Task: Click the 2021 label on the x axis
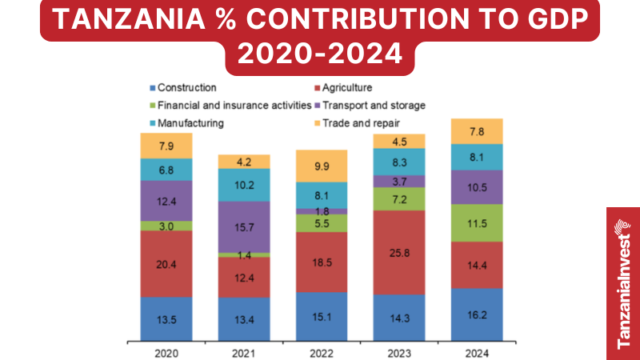[244, 352]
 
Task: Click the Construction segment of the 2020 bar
[166, 319]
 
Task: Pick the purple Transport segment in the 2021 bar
[244, 226]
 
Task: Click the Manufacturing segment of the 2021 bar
[244, 185]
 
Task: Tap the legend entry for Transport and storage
[369, 105]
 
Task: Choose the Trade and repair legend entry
[356, 123]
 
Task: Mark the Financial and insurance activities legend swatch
[151, 106]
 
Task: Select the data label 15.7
[244, 226]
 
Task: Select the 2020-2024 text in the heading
[320, 54]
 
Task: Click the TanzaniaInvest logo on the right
[622, 283]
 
